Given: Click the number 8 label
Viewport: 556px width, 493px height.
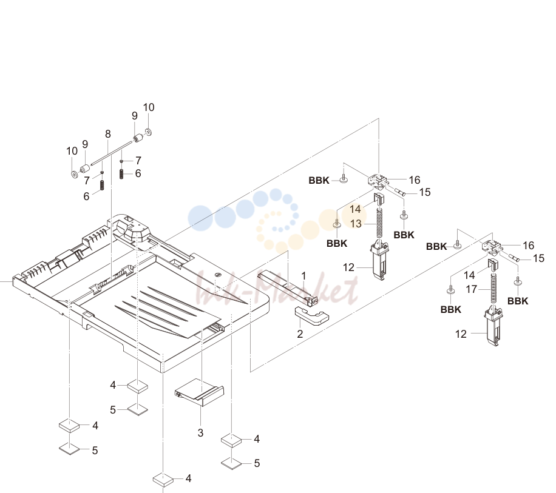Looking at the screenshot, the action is coord(108,134).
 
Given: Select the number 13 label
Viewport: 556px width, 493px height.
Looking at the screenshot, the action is coord(356,224).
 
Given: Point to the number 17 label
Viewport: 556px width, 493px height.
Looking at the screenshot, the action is coord(471,289).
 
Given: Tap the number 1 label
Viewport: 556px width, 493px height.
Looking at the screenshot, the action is coord(303,275).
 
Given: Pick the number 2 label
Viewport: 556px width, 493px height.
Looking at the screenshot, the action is coord(300,334).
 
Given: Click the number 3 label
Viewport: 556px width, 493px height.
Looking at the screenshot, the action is coord(200,432).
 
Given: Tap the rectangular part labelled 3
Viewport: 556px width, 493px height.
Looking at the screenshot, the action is coord(200,392).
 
